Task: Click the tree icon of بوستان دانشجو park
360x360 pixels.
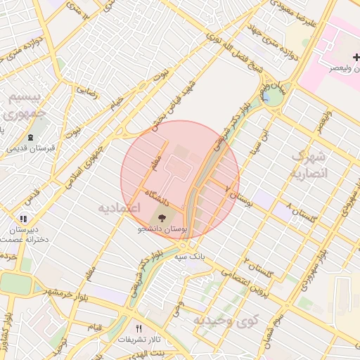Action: coord(162,217)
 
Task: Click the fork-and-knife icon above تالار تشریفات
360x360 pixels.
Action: coord(139,328)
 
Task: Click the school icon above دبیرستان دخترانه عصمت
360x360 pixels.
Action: coord(23,219)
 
